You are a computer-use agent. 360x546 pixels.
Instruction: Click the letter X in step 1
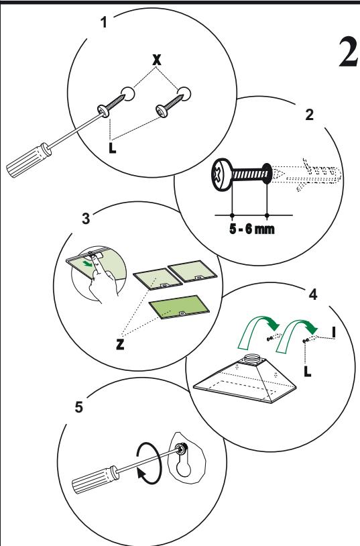pyautogui.click(x=157, y=60)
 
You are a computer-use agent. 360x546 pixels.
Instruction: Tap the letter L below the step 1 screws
pyautogui.click(x=112, y=147)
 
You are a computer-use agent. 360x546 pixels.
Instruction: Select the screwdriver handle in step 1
pyautogui.click(x=29, y=160)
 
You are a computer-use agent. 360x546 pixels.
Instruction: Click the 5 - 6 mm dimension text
pyautogui.click(x=251, y=229)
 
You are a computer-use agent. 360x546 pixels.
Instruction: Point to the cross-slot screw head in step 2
pyautogui.click(x=221, y=175)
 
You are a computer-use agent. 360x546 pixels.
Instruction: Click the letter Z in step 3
pyautogui.click(x=120, y=344)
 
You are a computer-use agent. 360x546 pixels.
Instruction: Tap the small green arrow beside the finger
pyautogui.click(x=88, y=263)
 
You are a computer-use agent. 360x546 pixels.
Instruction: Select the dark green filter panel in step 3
pyautogui.click(x=179, y=307)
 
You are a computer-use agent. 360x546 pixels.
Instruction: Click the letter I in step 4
pyautogui.click(x=334, y=332)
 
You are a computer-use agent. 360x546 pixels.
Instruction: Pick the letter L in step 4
pyautogui.click(x=307, y=371)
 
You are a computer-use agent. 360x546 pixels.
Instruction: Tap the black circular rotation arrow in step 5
pyautogui.click(x=149, y=463)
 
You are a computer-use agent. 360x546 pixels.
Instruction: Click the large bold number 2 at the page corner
pyautogui.click(x=349, y=52)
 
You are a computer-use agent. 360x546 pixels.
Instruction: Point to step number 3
pyautogui.click(x=86, y=218)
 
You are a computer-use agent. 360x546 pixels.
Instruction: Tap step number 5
pyautogui.click(x=79, y=406)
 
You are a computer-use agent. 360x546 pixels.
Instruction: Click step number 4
pyautogui.click(x=312, y=294)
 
